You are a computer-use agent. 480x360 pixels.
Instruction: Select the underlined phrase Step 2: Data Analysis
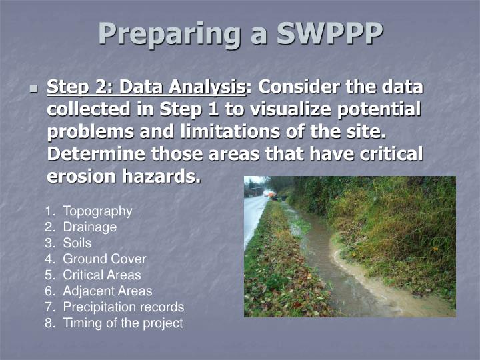(146, 88)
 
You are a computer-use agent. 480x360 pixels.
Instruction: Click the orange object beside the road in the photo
(269, 193)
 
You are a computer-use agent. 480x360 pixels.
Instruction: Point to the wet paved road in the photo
(254, 217)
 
